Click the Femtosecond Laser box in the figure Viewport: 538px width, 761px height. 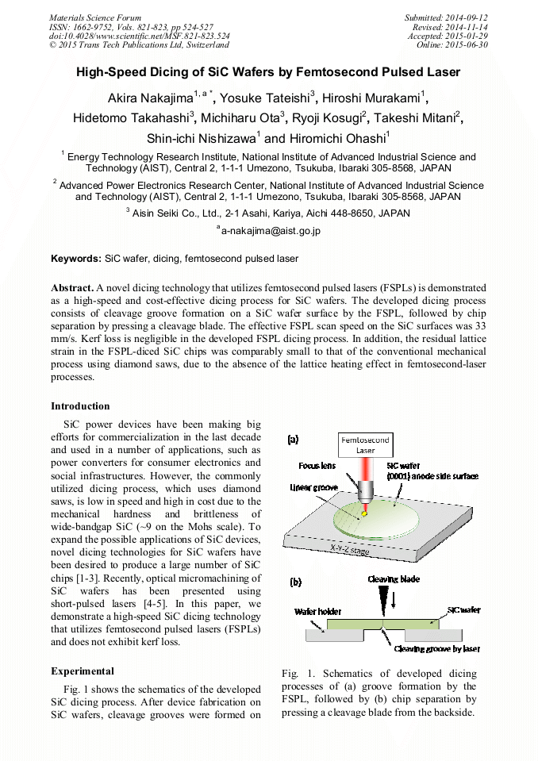coord(365,444)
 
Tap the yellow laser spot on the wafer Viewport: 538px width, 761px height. coord(364,514)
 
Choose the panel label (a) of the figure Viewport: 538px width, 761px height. coord(293,438)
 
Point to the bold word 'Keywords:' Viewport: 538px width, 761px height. coord(77,259)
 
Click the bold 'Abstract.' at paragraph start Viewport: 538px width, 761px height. coord(71,287)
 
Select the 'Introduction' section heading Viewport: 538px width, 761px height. coord(80,406)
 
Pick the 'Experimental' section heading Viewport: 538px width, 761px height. coord(83,671)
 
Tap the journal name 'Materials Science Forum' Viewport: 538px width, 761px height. coord(95,17)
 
